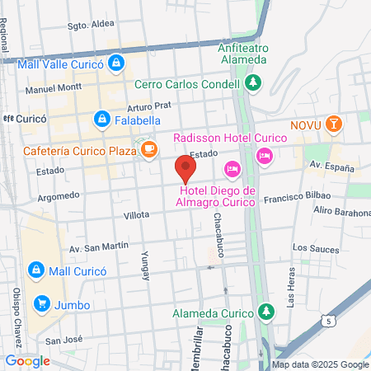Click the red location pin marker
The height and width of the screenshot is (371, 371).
pos(185,169)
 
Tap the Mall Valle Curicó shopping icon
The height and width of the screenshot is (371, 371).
pos(118,62)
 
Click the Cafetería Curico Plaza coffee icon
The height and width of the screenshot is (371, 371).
pos(148,149)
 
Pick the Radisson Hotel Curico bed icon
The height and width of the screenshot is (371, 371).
pos(264,154)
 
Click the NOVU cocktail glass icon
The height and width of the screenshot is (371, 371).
pos(333,124)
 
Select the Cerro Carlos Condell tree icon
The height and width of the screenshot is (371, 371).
pos(253,82)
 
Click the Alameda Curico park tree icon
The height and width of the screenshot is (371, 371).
pos(265,313)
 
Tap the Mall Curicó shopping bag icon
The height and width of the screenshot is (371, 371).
pos(36,270)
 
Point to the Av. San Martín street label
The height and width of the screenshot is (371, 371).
pos(99,247)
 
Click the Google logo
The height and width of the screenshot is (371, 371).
pos(27,361)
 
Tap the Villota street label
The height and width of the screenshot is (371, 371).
pos(136,214)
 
